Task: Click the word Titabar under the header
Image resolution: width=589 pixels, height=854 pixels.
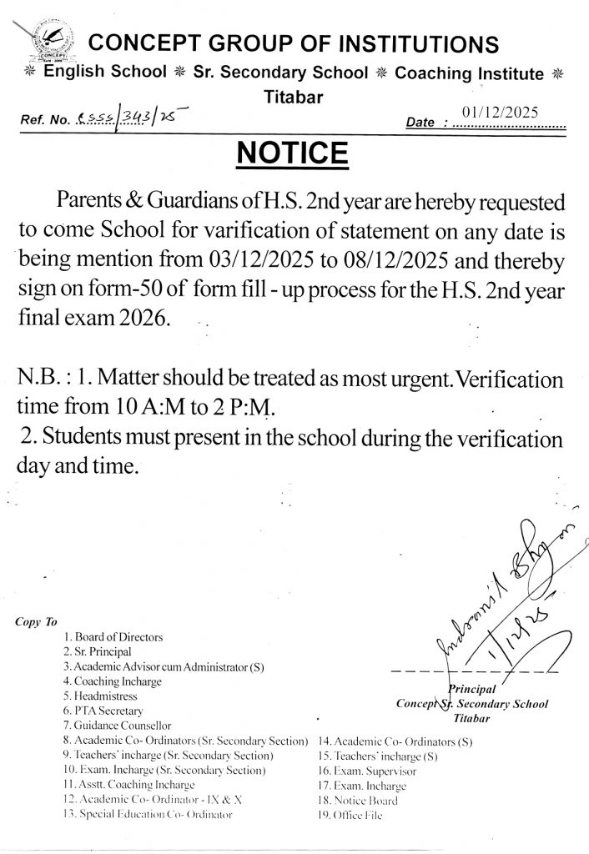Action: coord(293,97)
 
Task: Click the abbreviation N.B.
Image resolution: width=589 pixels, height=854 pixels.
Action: coord(38,379)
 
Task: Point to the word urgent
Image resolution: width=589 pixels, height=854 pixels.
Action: coord(385,379)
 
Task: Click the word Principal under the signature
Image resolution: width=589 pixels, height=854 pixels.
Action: coord(473,689)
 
